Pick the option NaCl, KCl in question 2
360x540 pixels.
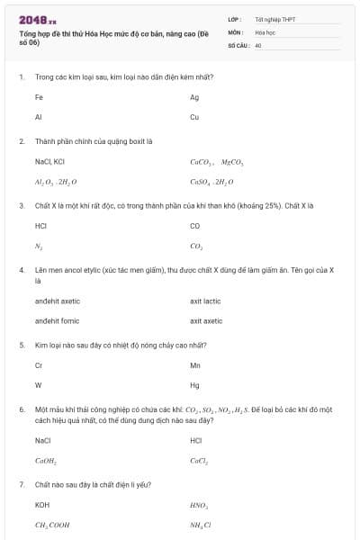(49, 162)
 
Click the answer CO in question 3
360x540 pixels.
(195, 226)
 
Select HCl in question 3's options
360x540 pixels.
(40, 226)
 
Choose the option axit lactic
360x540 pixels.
(205, 301)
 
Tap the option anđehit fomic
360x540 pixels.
(58, 320)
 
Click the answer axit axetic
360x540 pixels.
(206, 320)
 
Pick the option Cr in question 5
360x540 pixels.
(39, 365)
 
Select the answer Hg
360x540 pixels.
(194, 385)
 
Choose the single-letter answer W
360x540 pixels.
(38, 385)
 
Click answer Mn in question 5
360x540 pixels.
(195, 365)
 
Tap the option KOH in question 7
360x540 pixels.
(41, 505)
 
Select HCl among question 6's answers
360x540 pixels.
(196, 440)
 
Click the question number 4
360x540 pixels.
(21, 270)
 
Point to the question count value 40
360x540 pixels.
(258, 43)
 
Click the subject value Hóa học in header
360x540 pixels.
(265, 31)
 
